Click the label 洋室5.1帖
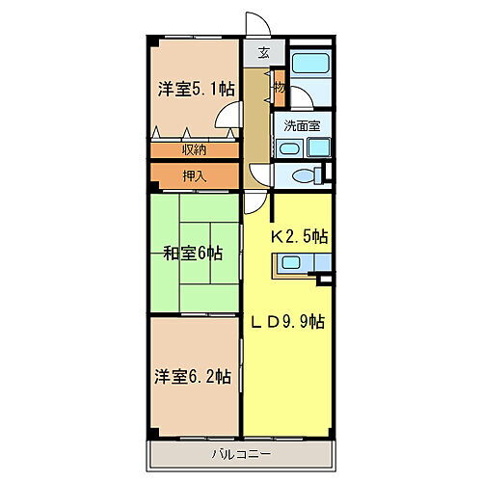[x=196, y=89]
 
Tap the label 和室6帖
[x=193, y=254]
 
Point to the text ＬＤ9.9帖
[x=288, y=321]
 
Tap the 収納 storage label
[x=194, y=150]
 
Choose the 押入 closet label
[x=194, y=175]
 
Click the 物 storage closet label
[x=279, y=87]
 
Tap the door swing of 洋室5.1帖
[x=228, y=120]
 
